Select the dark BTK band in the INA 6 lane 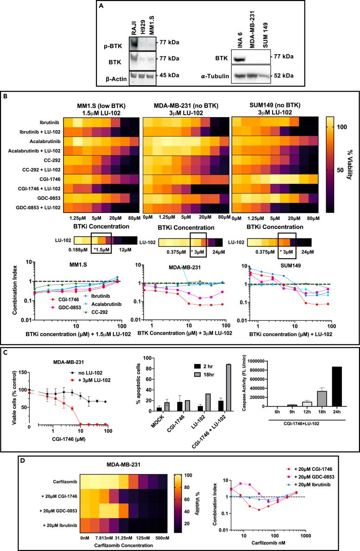click(x=239, y=59)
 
